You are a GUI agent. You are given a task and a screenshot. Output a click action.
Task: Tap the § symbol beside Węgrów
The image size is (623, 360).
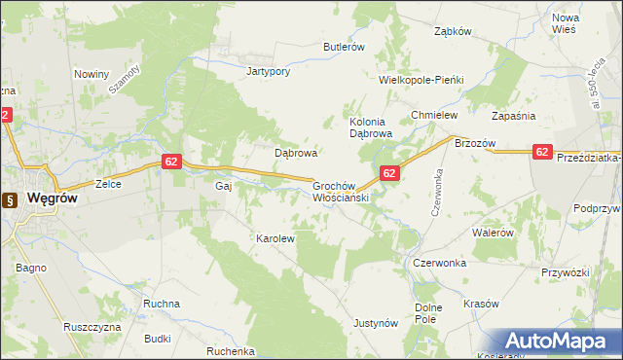click(x=10, y=200)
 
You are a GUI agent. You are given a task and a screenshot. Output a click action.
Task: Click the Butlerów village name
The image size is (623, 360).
click(x=344, y=47)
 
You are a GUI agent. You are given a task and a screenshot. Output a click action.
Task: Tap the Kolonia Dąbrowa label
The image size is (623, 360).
click(x=370, y=127)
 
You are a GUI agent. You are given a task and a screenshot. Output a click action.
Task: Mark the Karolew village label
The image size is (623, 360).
click(x=275, y=237)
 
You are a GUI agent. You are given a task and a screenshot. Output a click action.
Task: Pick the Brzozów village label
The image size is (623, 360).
click(x=475, y=143)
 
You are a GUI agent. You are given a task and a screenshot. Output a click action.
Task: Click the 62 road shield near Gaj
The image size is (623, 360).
click(x=170, y=162)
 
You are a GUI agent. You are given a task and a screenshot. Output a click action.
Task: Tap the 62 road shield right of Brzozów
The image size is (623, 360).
click(x=543, y=152)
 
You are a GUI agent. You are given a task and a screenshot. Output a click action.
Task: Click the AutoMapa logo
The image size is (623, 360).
click(x=564, y=342)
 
